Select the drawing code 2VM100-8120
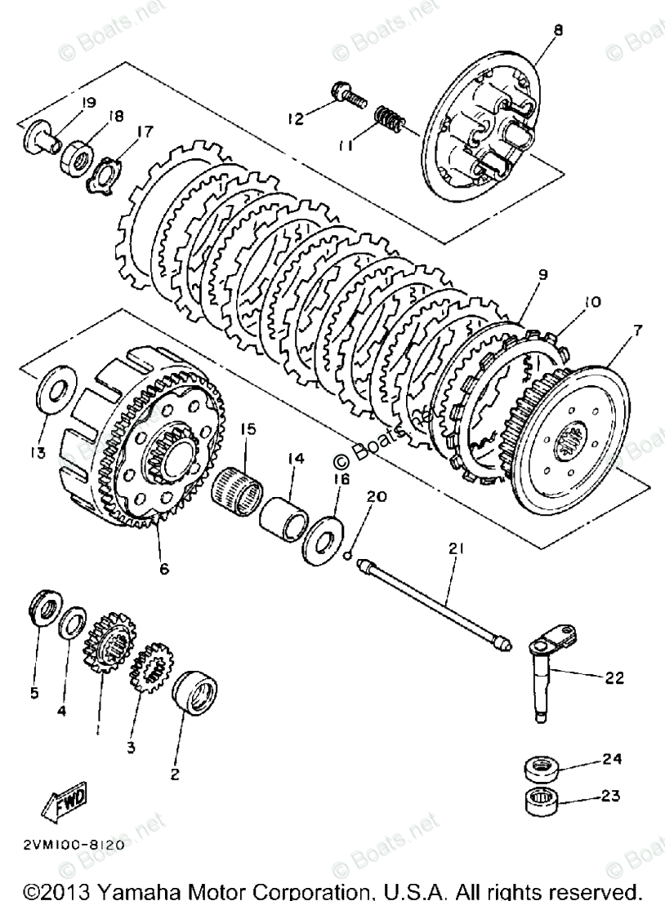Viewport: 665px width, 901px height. [69, 845]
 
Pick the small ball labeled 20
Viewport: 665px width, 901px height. [348, 557]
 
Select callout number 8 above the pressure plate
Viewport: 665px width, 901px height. [557, 30]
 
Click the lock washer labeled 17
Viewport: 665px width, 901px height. [104, 174]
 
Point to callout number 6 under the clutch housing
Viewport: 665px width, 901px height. [164, 569]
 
